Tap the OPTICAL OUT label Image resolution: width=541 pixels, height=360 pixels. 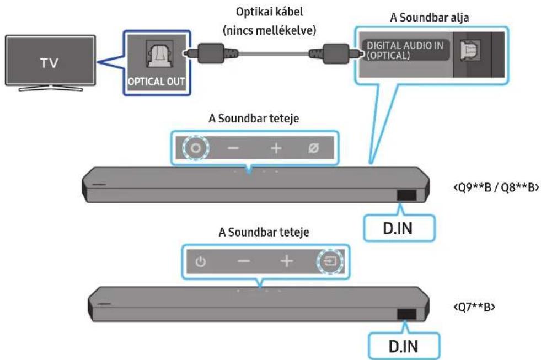[156, 82]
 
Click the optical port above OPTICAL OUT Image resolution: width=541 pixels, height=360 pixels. [160, 54]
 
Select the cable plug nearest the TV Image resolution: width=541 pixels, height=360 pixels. [211, 53]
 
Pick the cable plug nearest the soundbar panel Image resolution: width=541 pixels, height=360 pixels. [336, 53]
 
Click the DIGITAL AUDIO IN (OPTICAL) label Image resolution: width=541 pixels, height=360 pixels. [405, 50]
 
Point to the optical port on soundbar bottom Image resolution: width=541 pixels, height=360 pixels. [470, 50]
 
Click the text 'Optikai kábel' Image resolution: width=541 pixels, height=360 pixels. [270, 12]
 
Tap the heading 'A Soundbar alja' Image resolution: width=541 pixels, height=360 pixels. [429, 17]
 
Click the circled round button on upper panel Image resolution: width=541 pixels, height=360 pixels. [196, 148]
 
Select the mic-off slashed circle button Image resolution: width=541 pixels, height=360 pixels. [313, 148]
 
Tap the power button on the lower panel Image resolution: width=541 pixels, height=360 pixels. [201, 262]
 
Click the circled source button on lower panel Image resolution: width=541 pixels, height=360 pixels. [330, 261]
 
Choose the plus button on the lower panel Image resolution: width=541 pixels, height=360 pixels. [287, 261]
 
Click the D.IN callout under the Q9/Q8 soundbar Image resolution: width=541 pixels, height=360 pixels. [399, 228]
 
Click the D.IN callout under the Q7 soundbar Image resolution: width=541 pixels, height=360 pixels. [404, 346]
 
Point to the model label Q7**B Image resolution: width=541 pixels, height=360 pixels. [474, 307]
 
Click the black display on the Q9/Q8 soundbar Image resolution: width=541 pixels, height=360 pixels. [407, 195]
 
